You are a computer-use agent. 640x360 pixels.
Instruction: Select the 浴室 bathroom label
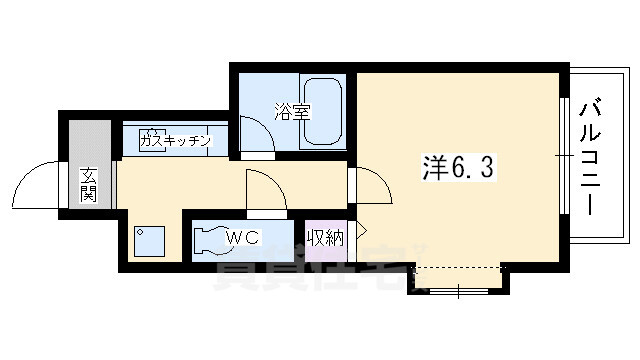pyautogui.click(x=293, y=111)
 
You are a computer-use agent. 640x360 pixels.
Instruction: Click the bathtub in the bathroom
pyautogui.click(x=323, y=111)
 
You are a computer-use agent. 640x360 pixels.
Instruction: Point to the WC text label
pyautogui.click(x=244, y=238)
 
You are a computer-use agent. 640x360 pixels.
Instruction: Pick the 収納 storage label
pyautogui.click(x=326, y=238)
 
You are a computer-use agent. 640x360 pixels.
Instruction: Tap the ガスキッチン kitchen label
pyautogui.click(x=176, y=141)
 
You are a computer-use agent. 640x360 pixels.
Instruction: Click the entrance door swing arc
pyautogui.click(x=38, y=183)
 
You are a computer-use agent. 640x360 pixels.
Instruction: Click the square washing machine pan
pyautogui.click(x=150, y=241)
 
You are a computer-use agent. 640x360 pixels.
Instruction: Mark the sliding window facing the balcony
pyautogui.click(x=566, y=155)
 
